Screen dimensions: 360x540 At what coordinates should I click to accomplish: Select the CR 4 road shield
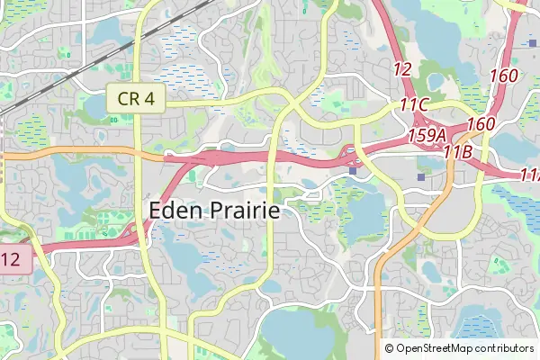[x=136, y=99]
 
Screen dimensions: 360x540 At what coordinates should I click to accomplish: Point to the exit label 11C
[x=413, y=105]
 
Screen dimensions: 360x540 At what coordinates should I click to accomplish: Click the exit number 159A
[x=427, y=134]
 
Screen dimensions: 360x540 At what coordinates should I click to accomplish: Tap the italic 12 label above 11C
[x=402, y=68]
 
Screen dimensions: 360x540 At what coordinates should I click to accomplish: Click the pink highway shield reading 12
[x=13, y=260]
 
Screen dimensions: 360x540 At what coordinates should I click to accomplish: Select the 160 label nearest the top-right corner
[x=504, y=76]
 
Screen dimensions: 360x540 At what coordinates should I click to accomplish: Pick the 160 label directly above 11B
[x=481, y=123]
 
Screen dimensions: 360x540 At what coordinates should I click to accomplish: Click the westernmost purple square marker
[x=353, y=168]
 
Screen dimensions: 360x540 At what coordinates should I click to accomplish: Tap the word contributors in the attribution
[x=507, y=348]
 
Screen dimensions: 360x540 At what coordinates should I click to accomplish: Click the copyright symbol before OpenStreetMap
[x=390, y=348]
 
